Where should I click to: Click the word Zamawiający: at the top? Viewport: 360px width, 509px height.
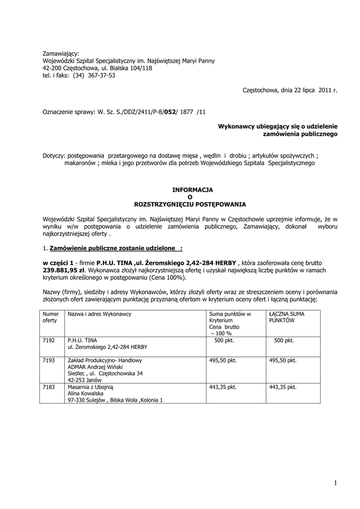click(61, 53)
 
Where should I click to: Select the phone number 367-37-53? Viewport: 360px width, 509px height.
click(101, 76)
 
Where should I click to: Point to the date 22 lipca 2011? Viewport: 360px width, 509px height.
click(304, 90)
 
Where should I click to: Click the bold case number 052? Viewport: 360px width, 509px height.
click(171, 112)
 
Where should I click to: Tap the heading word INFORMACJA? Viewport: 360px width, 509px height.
click(192, 190)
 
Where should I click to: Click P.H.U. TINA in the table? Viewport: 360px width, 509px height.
click(82, 340)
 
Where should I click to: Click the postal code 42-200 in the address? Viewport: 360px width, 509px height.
click(53, 68)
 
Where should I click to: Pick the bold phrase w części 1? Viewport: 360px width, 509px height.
click(58, 263)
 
